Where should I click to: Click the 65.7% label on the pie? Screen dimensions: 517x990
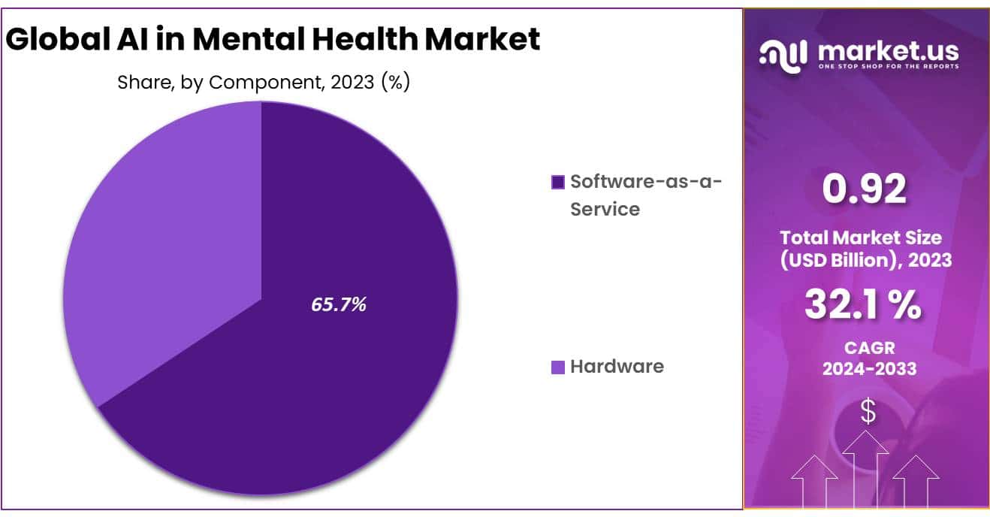[x=339, y=304]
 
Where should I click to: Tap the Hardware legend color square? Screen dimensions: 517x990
[x=557, y=367]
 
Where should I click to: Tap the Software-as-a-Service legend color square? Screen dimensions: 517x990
[x=557, y=182]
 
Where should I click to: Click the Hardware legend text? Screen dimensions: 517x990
[x=617, y=367]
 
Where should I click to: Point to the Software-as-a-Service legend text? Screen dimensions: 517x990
[x=644, y=195]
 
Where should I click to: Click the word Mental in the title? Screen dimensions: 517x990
[x=239, y=39]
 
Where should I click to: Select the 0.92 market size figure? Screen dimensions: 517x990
[x=865, y=189]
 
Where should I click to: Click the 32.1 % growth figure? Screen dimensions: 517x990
[x=863, y=305]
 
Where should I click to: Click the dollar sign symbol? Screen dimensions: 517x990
[x=868, y=411]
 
